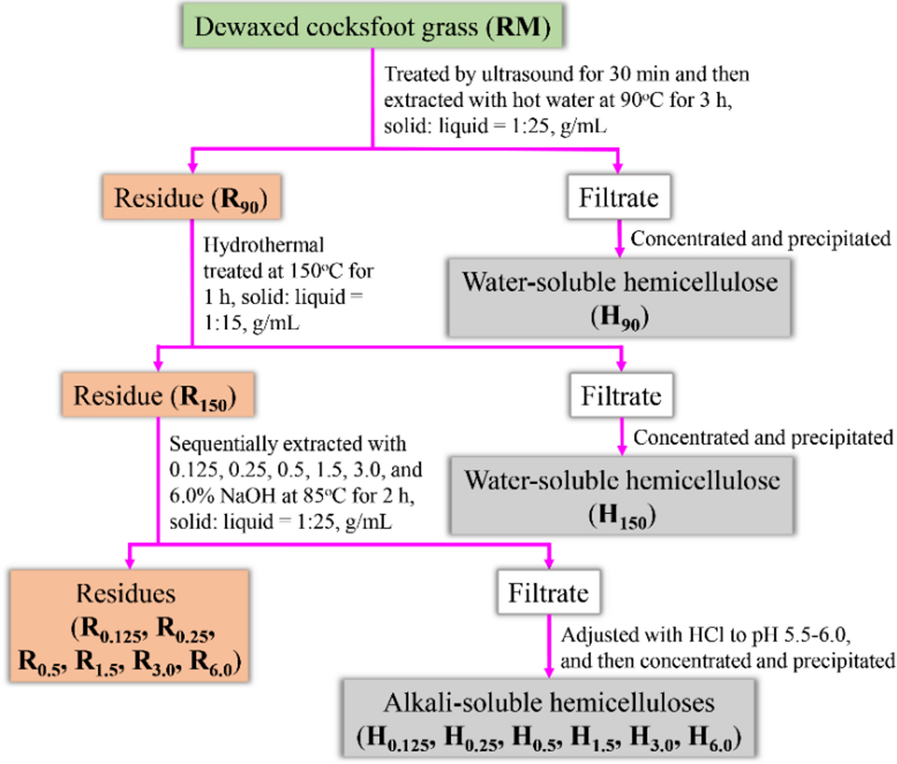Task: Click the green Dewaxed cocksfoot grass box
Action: [371, 26]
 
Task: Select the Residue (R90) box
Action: [191, 197]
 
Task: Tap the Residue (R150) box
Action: [158, 396]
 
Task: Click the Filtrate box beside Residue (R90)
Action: [618, 197]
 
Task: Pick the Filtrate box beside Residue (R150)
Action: [621, 396]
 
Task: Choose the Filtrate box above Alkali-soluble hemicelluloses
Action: [549, 592]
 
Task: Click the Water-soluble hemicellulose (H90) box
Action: [620, 298]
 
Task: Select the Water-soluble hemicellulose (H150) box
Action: [622, 496]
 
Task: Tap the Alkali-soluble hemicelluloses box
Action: [549, 718]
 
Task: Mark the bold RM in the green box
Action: [518, 26]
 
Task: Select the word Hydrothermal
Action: [263, 245]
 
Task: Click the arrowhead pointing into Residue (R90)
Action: [192, 168]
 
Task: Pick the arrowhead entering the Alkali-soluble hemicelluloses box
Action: [549, 672]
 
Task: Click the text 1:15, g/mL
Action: [251, 323]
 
